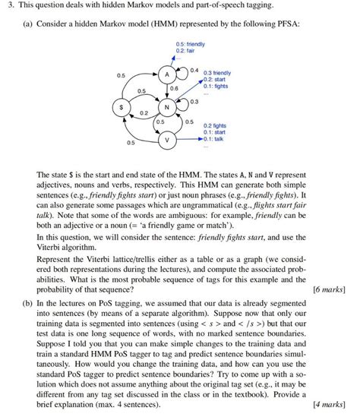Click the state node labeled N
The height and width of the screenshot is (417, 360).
pos(167,108)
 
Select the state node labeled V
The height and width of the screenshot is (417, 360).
pos(167,141)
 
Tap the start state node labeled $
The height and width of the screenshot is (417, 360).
pos(118,108)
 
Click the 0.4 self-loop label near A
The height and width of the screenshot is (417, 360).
pos(194,69)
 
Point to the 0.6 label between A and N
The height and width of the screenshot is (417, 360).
pos(174,89)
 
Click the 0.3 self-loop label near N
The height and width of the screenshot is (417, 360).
pos(194,102)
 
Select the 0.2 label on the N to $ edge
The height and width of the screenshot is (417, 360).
pos(144,112)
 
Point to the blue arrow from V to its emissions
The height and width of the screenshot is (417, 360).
pos(191,140)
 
